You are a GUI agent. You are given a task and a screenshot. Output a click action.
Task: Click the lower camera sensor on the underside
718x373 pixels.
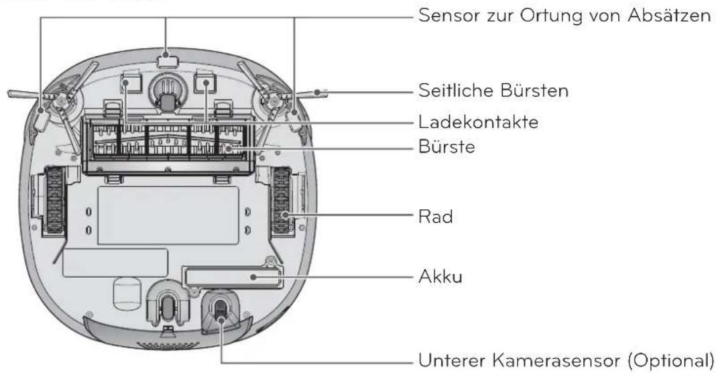pyautogui.click(x=220, y=311)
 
